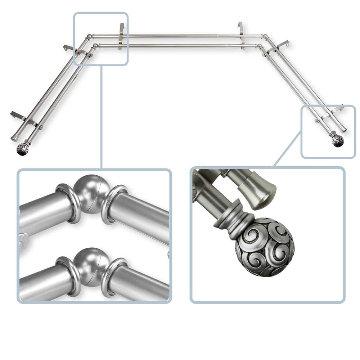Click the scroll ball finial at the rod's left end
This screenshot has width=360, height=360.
22,149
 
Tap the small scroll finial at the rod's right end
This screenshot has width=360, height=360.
337,141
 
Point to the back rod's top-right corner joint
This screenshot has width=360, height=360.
265,36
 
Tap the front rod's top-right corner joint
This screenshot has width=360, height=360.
259,46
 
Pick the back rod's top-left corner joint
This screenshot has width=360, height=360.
89,37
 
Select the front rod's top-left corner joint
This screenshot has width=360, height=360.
95,46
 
